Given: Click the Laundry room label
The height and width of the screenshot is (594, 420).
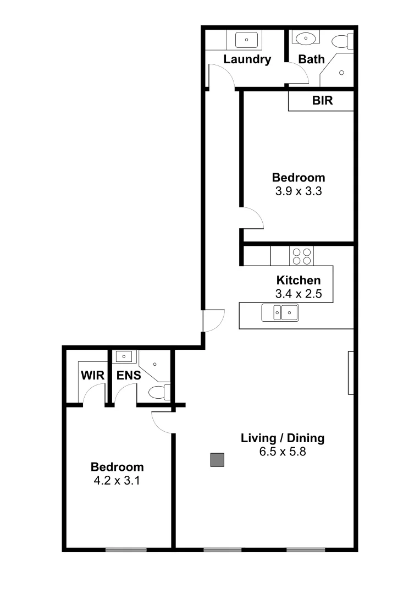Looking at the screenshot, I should click(x=247, y=59).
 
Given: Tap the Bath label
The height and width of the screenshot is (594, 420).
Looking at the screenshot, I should click(x=311, y=59).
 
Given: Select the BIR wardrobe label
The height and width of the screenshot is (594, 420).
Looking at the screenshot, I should click(x=323, y=101).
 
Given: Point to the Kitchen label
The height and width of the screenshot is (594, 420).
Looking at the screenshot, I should click(x=299, y=280).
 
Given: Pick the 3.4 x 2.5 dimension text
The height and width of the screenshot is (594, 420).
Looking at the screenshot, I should click(x=299, y=294).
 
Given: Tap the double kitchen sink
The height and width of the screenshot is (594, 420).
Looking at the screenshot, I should click(x=280, y=312).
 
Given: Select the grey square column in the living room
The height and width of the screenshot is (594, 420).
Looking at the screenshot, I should click(x=218, y=460).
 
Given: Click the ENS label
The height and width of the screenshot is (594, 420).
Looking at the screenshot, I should click(x=129, y=376).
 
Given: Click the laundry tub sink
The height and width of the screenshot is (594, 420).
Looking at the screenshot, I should click(x=246, y=40).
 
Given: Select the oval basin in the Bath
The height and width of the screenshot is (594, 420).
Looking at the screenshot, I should click(x=306, y=38).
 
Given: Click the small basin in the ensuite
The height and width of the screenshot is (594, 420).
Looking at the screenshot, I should click(x=124, y=356).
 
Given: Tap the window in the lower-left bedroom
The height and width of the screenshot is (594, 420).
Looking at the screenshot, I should click(x=126, y=549).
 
